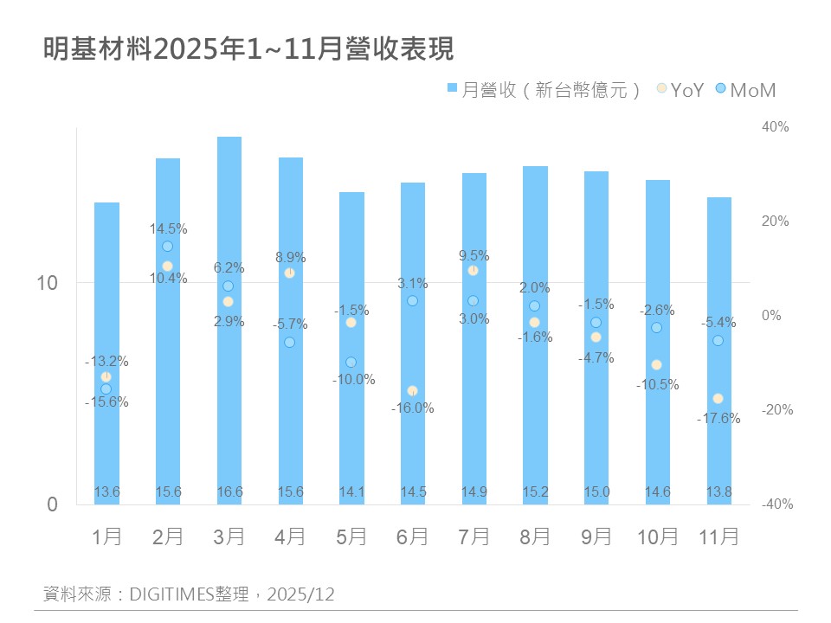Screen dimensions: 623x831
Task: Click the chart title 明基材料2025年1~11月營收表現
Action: click(x=248, y=49)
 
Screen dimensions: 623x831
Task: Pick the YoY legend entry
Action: click(x=681, y=89)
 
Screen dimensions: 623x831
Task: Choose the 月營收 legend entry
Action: click(x=544, y=89)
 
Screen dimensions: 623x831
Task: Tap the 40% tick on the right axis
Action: click(x=775, y=127)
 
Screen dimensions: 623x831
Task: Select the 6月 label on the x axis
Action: click(x=412, y=536)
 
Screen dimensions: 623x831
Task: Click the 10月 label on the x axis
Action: click(x=657, y=536)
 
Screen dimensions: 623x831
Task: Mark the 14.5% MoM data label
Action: click(x=168, y=229)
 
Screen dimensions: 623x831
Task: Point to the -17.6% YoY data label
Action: click(x=718, y=419)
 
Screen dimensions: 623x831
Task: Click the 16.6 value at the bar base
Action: click(x=229, y=492)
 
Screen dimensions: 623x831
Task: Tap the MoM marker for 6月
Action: click(x=412, y=300)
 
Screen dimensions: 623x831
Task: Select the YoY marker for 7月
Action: click(x=473, y=270)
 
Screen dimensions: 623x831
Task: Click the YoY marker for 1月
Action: click(x=106, y=376)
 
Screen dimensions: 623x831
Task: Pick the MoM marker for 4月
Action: click(x=289, y=342)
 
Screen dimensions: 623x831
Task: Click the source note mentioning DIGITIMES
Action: click(x=189, y=594)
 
